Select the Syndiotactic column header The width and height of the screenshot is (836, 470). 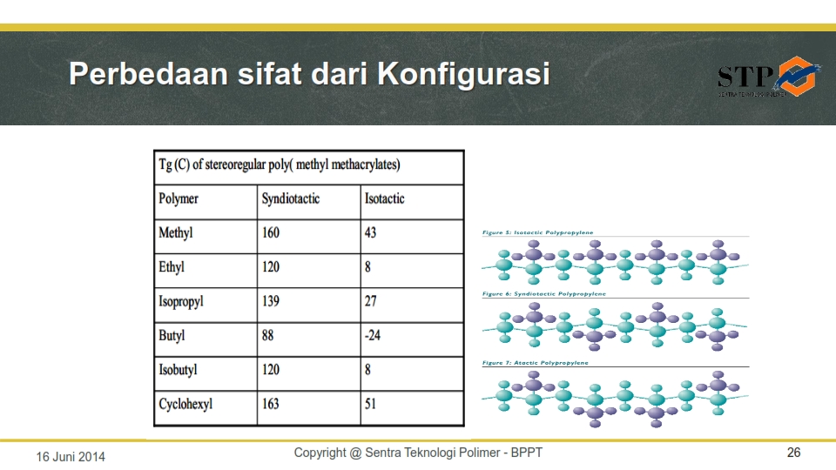(x=291, y=199)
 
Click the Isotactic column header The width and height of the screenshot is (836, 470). (x=384, y=199)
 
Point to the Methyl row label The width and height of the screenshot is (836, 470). (x=175, y=233)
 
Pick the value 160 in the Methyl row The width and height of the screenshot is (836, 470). (x=271, y=233)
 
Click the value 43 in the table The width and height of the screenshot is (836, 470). (x=371, y=233)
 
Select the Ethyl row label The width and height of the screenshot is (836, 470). (x=172, y=267)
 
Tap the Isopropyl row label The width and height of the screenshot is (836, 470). (x=181, y=302)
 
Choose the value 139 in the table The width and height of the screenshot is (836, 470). (x=271, y=301)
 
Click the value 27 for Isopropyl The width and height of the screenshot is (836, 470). (x=371, y=301)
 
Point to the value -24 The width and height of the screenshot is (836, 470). (x=373, y=335)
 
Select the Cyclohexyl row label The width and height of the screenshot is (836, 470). (x=185, y=405)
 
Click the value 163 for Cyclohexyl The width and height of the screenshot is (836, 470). (x=271, y=404)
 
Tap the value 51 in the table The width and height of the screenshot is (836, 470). (x=371, y=404)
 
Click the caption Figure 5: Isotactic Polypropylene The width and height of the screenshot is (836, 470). (x=538, y=233)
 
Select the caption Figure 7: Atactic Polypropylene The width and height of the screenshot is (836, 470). (x=536, y=362)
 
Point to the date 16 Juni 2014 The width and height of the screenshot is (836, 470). (x=70, y=456)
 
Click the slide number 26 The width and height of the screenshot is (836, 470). (x=793, y=453)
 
